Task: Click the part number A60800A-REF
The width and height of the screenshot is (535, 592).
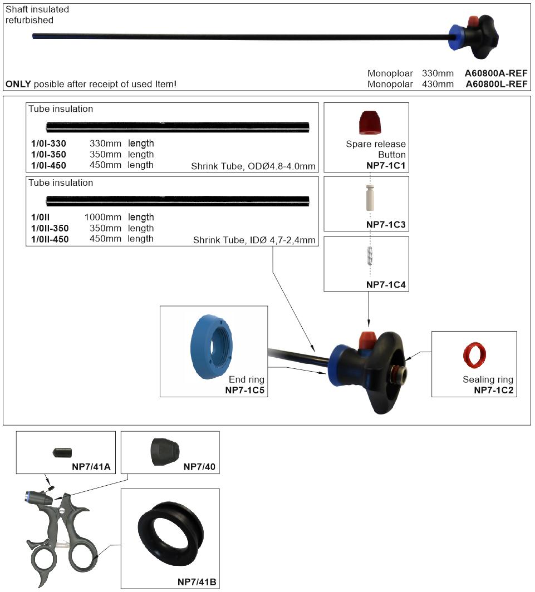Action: (495, 73)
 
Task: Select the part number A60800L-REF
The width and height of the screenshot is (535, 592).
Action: (496, 84)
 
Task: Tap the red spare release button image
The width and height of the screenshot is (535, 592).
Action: (370, 122)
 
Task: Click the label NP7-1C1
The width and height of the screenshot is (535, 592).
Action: (386, 165)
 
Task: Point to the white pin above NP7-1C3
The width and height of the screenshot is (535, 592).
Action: (370, 198)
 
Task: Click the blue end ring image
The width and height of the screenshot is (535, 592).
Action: (212, 347)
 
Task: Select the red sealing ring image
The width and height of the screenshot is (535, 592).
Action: (474, 355)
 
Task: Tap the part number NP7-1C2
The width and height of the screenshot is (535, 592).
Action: (494, 391)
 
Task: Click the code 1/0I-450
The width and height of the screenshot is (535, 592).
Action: (48, 165)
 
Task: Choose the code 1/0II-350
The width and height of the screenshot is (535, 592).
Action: (50, 229)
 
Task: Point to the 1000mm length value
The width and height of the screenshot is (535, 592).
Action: (103, 218)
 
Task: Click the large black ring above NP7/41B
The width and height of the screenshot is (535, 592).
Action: (171, 533)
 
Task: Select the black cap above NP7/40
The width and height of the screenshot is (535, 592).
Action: (165, 452)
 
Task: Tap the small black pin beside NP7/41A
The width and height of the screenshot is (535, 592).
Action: (62, 452)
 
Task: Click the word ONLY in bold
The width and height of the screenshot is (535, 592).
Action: (18, 84)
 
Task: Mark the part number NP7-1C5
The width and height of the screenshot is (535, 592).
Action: (245, 391)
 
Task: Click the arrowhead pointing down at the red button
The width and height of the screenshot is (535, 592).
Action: (369, 323)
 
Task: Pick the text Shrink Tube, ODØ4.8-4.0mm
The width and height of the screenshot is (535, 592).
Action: (253, 166)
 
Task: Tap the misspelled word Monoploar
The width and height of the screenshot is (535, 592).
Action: (390, 73)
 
